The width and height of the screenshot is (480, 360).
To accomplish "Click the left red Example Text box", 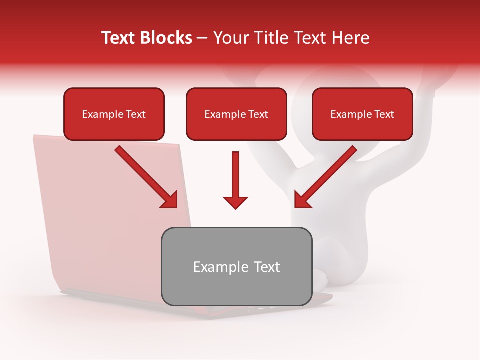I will pyautogui.click(x=114, y=114).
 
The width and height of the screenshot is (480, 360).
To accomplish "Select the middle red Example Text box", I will pyautogui.click(x=236, y=114).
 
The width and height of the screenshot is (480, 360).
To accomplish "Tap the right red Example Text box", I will pyautogui.click(x=362, y=114).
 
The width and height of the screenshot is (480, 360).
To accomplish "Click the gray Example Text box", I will pyautogui.click(x=236, y=266).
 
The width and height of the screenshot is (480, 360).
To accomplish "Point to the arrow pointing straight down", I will pyautogui.click(x=235, y=180).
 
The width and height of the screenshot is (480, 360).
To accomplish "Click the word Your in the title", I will pyautogui.click(x=229, y=38).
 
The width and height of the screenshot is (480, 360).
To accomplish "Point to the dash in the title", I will pyautogui.click(x=202, y=38).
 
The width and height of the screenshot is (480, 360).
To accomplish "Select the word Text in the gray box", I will pyautogui.click(x=266, y=267).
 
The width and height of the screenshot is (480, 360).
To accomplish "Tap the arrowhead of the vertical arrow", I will pyautogui.click(x=235, y=202).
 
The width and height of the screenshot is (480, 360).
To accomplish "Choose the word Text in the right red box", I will pyautogui.click(x=384, y=114).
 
